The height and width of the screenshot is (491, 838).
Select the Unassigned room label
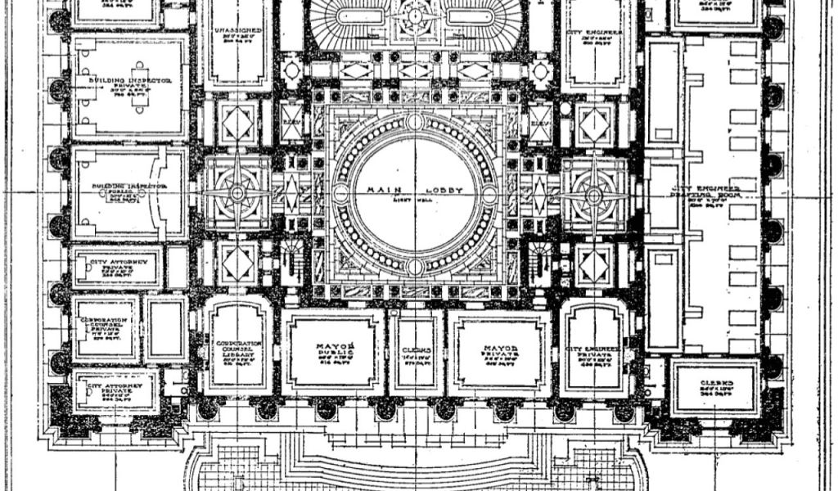point(237,34)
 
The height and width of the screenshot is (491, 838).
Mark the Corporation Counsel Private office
point(105,327)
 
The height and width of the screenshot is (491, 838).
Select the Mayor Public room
point(333,352)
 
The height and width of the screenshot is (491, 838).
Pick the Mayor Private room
point(499,352)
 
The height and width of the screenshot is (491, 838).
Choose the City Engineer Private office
point(594,354)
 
